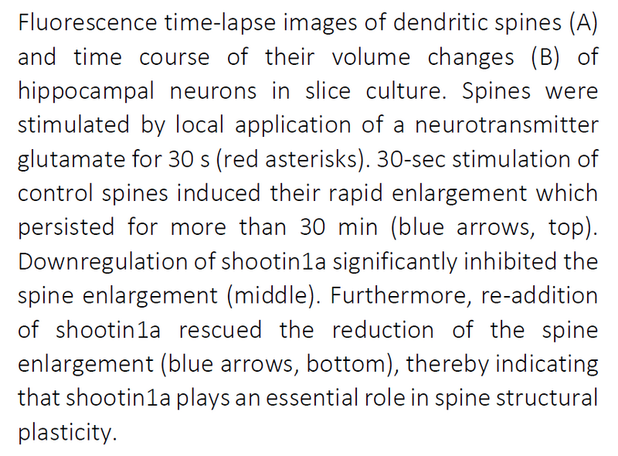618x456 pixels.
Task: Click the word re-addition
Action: tap(541, 295)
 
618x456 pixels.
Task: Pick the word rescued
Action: tap(220, 329)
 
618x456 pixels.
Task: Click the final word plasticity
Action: tap(66, 431)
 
